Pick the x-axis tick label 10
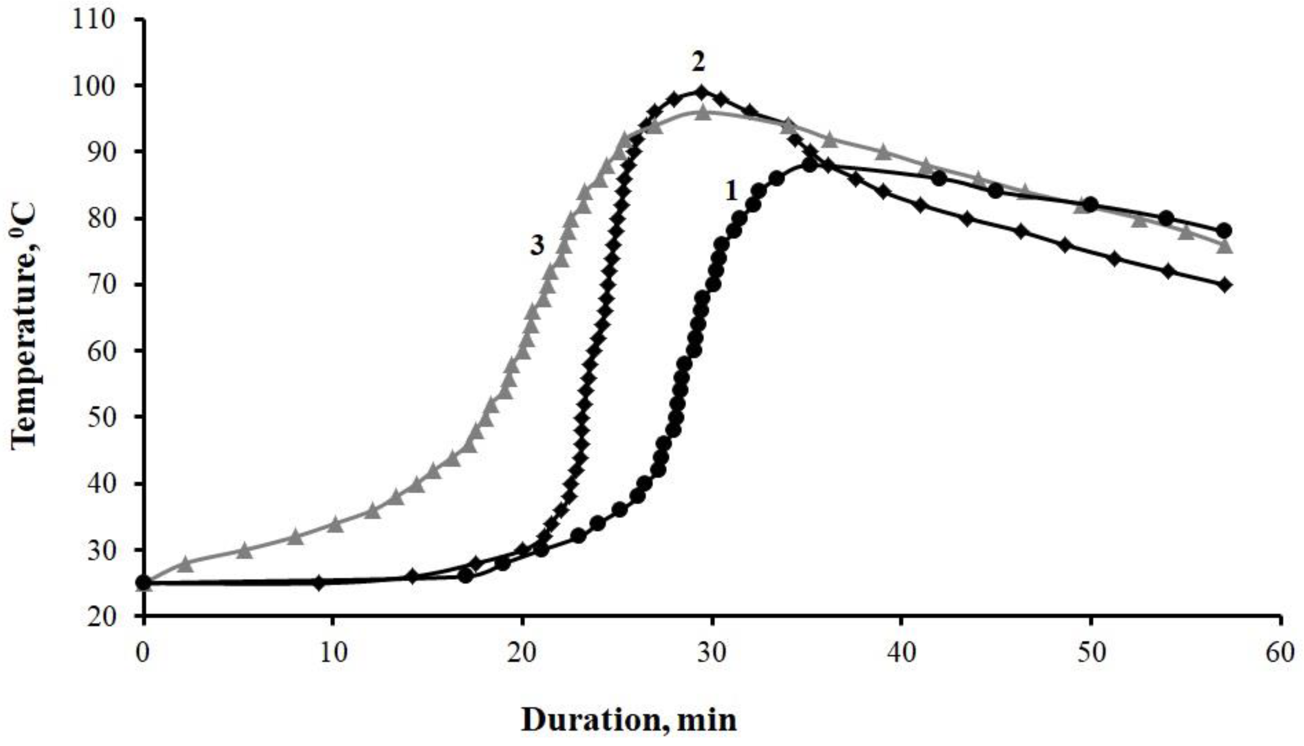(x=333, y=653)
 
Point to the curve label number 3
(x=537, y=246)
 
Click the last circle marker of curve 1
(x=1224, y=230)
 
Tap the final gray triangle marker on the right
(x=1224, y=246)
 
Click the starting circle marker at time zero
(x=144, y=583)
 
